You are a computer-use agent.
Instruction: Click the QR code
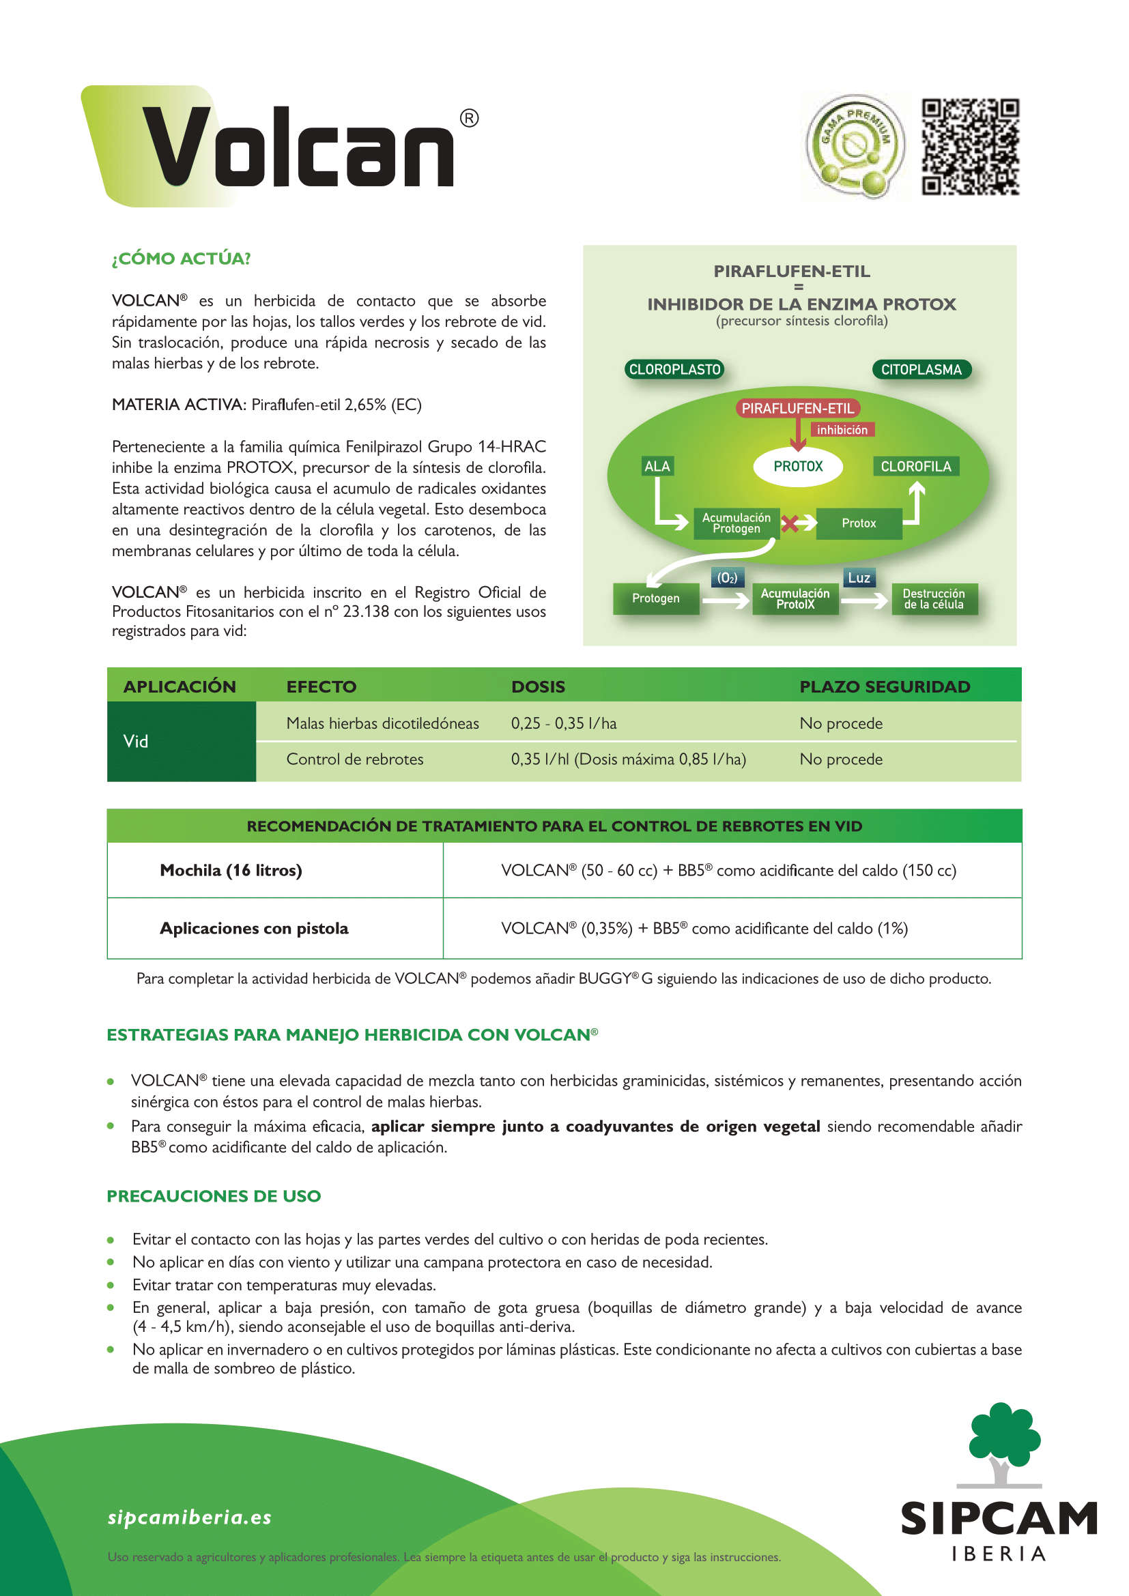970,146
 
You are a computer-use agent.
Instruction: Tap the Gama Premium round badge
855,146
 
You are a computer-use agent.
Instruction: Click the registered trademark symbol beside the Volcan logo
469,118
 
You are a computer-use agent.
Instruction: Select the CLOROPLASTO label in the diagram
674,369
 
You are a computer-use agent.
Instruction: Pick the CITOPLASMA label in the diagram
921,369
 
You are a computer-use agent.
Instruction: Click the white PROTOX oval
798,467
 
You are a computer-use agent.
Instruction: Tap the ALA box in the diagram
657,467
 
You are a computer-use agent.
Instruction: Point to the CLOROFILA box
915,467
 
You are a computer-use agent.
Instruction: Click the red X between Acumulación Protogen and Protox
789,523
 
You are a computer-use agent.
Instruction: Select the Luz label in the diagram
859,578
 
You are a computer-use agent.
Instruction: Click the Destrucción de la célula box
934,598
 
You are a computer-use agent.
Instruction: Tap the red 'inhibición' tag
842,430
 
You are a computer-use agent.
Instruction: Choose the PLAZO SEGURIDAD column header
884,687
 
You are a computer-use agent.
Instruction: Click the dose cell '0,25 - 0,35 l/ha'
564,723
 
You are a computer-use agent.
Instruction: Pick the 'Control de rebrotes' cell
354,759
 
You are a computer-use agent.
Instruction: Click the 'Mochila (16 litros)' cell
231,870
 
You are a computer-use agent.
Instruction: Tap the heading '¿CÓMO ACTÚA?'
182,259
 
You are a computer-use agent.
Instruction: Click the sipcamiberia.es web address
189,1517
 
